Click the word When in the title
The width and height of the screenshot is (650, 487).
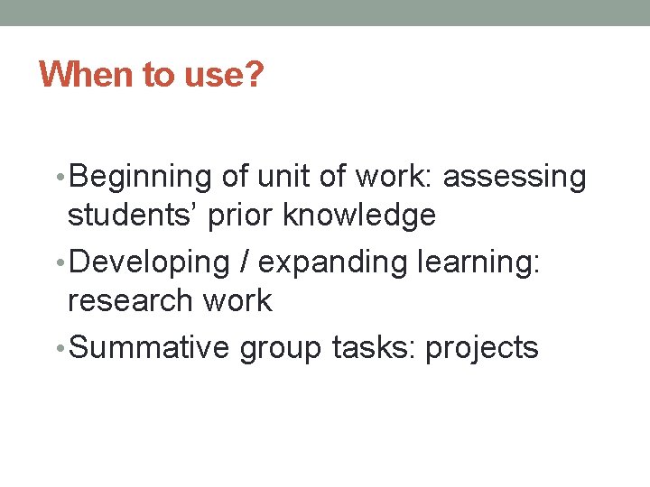[x=86, y=74]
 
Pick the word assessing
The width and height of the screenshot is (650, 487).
[x=515, y=178]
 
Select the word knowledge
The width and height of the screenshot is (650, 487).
[x=360, y=216]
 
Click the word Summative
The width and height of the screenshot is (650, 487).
[x=149, y=347]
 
